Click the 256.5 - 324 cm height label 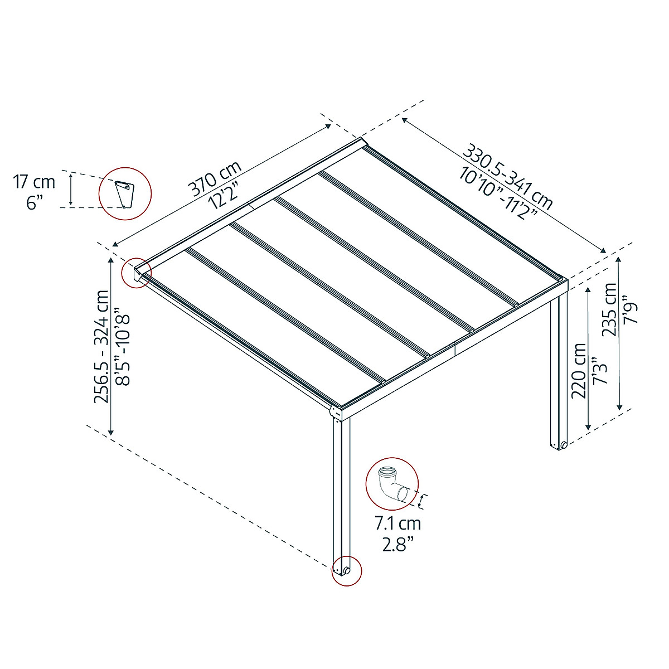click(102, 346)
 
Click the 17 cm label click(35, 182)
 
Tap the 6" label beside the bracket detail click(35, 202)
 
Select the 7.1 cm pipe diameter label click(397, 523)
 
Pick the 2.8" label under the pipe click(397, 544)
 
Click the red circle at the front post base click(346, 570)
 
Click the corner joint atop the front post click(337, 413)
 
